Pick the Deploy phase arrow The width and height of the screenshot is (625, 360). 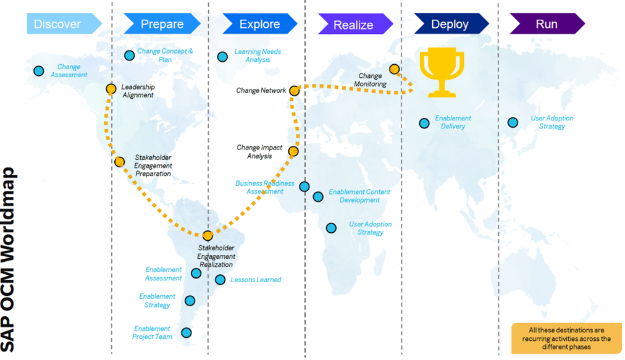(450, 24)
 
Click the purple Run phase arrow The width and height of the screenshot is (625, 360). (547, 24)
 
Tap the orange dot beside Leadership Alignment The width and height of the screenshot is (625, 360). (111, 89)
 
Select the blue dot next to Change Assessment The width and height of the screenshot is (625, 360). (39, 71)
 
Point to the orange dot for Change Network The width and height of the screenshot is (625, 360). (295, 91)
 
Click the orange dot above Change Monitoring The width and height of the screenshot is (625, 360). (394, 69)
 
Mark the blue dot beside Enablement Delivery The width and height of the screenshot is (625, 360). (424, 123)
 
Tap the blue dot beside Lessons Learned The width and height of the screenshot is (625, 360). (220, 280)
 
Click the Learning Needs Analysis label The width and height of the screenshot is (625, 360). (258, 56)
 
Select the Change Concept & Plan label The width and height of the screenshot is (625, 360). (165, 56)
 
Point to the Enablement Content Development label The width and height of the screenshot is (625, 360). (359, 196)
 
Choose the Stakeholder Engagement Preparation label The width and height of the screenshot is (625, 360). (153, 165)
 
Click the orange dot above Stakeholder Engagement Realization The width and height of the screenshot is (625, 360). (208, 235)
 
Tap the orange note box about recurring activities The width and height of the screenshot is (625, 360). (566, 338)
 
